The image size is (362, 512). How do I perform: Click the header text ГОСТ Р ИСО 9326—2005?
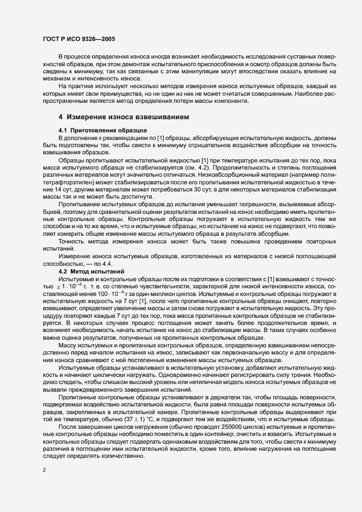[x=78, y=39]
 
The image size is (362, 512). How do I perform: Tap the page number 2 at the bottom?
[x=44, y=469]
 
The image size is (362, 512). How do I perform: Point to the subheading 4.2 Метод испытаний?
[x=92, y=271]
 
